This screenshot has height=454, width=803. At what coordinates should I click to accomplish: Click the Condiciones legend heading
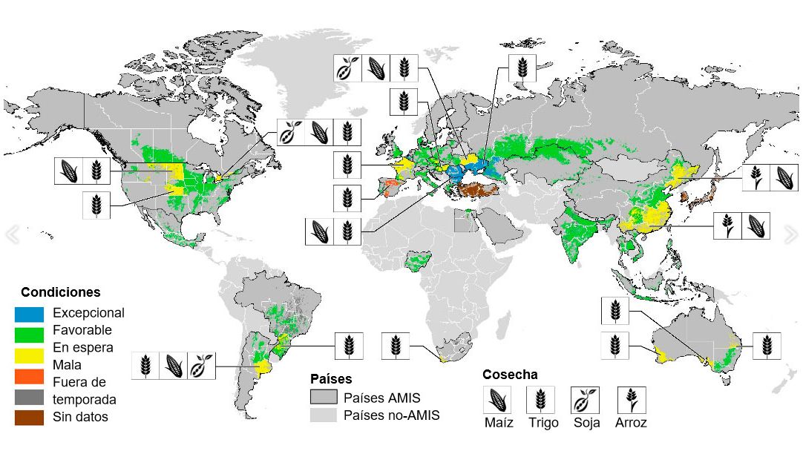coord(60,292)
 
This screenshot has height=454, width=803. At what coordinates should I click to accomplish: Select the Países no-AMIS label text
coord(392,415)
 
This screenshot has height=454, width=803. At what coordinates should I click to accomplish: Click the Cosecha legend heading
coord(510,375)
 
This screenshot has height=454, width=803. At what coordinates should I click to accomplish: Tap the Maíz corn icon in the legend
coord(497,400)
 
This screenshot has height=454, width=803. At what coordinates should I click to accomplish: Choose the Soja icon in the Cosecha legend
coord(584,400)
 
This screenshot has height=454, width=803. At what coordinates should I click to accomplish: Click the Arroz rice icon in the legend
coord(631,400)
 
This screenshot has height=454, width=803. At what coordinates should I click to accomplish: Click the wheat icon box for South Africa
coord(396,346)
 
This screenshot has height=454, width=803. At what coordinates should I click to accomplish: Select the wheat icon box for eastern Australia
coord(767,346)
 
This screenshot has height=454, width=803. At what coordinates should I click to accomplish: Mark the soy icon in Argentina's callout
coord(202,366)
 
